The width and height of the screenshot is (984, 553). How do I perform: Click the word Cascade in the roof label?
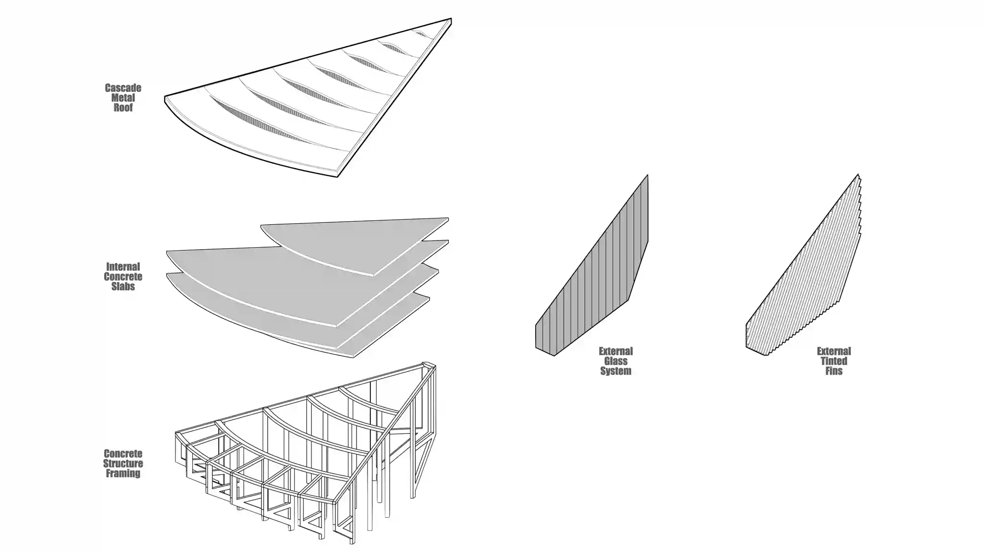(x=123, y=88)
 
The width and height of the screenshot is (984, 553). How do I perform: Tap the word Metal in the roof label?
(x=123, y=98)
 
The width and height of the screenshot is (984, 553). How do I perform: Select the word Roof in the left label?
(x=123, y=108)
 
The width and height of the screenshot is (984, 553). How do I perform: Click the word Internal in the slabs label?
(x=123, y=267)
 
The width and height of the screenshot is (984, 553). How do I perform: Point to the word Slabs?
(x=123, y=287)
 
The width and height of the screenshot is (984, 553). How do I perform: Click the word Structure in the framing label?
(x=123, y=464)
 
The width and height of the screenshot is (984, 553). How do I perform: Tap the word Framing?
(x=123, y=473)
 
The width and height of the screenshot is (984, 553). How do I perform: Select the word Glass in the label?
(x=615, y=361)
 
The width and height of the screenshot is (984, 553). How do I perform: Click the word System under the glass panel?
(x=615, y=371)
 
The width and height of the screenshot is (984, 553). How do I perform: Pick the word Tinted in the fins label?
(x=834, y=361)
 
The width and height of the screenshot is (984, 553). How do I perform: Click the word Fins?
(x=834, y=371)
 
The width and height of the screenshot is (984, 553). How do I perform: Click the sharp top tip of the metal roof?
(x=451, y=19)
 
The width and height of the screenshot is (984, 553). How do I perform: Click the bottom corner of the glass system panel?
(x=554, y=356)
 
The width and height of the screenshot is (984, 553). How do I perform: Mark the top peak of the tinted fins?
(x=858, y=174)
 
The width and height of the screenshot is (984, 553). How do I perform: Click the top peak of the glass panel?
(x=648, y=175)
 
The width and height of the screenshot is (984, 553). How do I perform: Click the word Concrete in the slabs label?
(x=123, y=277)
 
